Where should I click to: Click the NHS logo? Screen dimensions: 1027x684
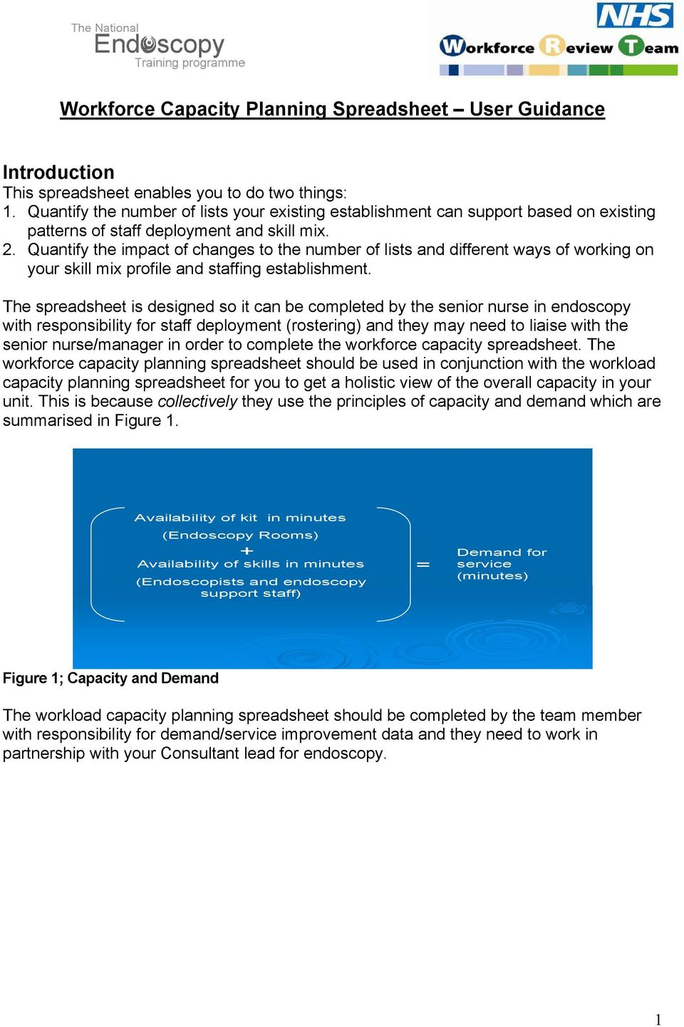point(634,16)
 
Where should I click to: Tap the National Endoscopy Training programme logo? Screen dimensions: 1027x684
point(158,46)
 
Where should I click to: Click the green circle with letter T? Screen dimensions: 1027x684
point(631,46)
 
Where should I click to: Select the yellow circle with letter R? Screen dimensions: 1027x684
point(551,46)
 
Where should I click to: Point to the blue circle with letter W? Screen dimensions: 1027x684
point(452,46)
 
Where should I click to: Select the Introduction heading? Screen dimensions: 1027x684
point(58,172)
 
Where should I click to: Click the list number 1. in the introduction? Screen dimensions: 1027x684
point(9,212)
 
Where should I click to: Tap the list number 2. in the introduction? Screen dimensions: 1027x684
point(9,250)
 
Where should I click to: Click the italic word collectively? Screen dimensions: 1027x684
point(197,402)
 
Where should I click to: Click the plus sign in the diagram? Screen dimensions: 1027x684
point(247,551)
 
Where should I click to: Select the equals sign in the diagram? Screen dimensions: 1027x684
point(423,564)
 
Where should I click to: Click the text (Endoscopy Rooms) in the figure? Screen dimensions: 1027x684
point(240,535)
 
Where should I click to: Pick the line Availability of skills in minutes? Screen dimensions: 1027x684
point(250,564)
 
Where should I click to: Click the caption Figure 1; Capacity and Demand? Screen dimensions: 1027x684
point(110,678)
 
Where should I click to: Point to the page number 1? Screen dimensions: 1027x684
point(658,1019)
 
